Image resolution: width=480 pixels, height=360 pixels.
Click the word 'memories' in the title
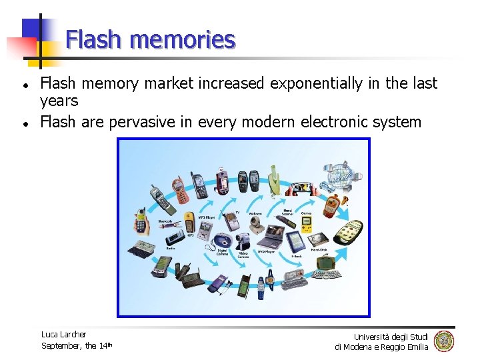pyautogui.click(x=183, y=40)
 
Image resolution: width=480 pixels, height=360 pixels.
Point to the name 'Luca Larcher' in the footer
pyautogui.click(x=63, y=334)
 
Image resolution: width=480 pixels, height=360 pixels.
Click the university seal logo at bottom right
pyautogui.click(x=443, y=341)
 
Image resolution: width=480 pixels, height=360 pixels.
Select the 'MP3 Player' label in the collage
pyautogui.click(x=206, y=217)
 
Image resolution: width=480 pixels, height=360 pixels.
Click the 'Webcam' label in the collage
pyautogui.click(x=255, y=213)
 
